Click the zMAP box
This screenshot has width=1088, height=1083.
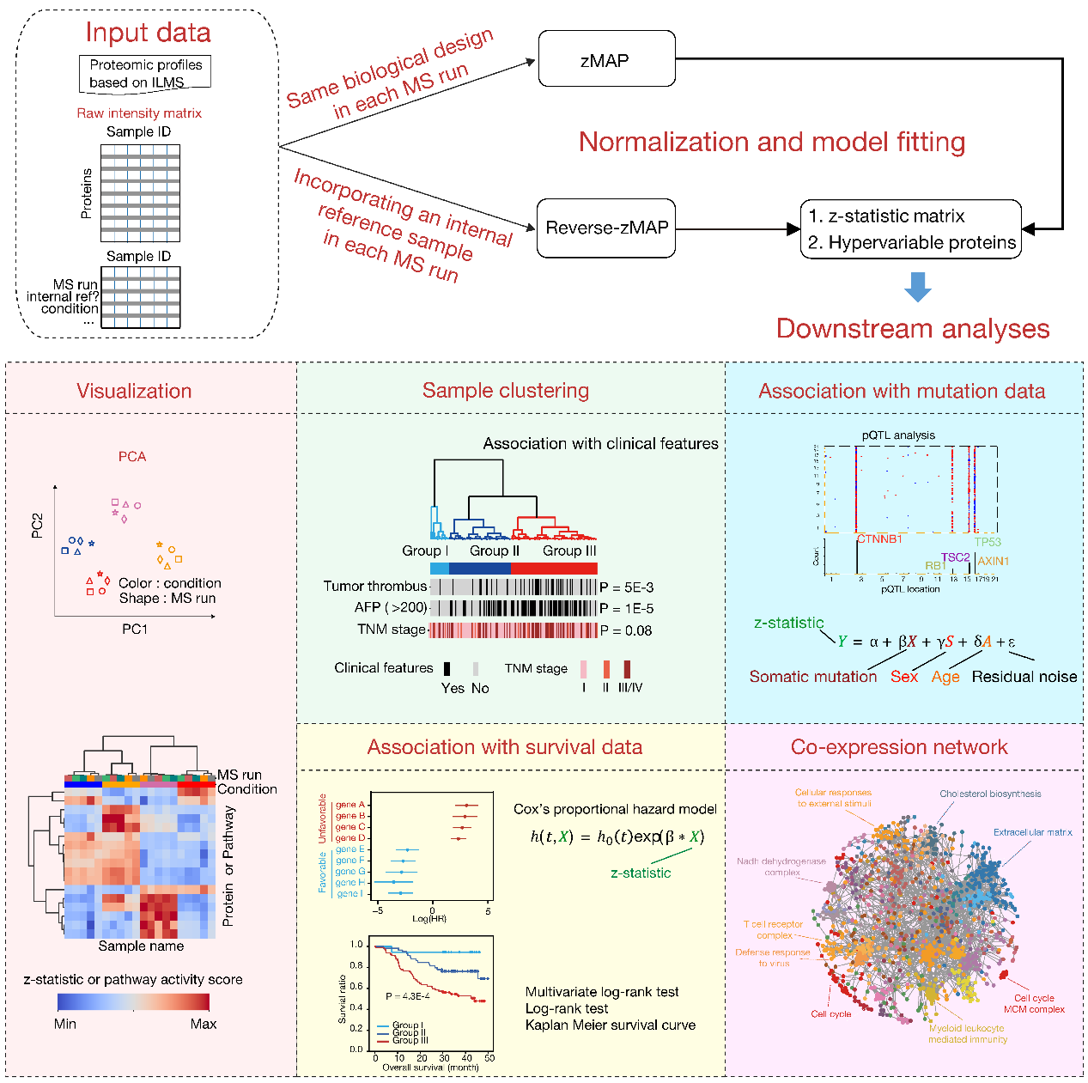(x=606, y=59)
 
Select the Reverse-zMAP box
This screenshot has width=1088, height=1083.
(x=606, y=228)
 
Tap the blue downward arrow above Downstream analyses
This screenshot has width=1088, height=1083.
(x=917, y=287)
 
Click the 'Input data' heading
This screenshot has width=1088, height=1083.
(x=148, y=33)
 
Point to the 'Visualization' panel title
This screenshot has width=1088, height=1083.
(x=134, y=391)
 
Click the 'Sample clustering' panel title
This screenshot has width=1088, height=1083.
(x=505, y=391)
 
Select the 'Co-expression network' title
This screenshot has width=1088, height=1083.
(x=898, y=747)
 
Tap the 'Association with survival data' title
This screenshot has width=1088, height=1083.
(x=504, y=747)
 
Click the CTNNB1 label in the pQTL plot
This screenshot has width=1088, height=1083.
(x=880, y=539)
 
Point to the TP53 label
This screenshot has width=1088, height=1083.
(x=988, y=542)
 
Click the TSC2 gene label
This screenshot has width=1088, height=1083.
(x=955, y=557)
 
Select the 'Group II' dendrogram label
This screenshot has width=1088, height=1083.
(x=494, y=551)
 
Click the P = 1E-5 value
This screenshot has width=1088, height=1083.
(x=627, y=609)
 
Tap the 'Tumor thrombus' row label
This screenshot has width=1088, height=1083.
(x=374, y=587)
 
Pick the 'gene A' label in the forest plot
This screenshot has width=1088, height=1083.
(x=350, y=805)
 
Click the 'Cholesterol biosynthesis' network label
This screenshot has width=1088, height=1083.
(x=990, y=794)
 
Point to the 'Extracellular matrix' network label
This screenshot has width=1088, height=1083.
(x=1032, y=832)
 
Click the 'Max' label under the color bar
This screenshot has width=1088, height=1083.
(x=204, y=1024)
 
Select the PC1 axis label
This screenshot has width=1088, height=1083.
(x=135, y=630)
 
